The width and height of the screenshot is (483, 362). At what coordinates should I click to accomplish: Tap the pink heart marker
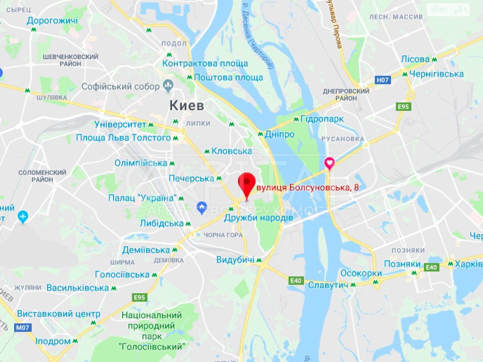(329, 163)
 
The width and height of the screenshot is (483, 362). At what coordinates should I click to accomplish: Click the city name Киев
(187, 106)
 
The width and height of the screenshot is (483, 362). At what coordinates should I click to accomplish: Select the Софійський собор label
(120, 87)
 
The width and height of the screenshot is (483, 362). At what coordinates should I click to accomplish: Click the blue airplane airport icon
(23, 217)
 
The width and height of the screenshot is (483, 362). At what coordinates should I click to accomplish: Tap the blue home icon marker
(201, 207)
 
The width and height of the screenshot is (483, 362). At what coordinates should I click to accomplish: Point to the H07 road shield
(382, 80)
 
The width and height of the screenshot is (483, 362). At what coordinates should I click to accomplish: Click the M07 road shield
(23, 327)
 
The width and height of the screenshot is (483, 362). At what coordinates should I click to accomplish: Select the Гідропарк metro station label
(322, 119)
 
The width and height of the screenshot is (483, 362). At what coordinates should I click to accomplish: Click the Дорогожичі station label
(52, 21)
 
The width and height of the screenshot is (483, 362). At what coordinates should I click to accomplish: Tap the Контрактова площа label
(205, 63)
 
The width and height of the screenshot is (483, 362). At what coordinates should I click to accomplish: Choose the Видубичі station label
(235, 260)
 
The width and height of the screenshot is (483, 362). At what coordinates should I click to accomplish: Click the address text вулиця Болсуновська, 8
(308, 188)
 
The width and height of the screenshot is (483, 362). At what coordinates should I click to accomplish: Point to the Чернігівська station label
(436, 74)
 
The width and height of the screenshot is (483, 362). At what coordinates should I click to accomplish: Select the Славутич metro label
(328, 285)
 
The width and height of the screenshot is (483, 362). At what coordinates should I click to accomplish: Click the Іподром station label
(53, 341)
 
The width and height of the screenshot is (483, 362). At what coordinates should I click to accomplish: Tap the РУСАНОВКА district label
(343, 139)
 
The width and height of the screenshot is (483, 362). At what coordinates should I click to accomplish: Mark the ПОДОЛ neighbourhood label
(174, 43)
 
